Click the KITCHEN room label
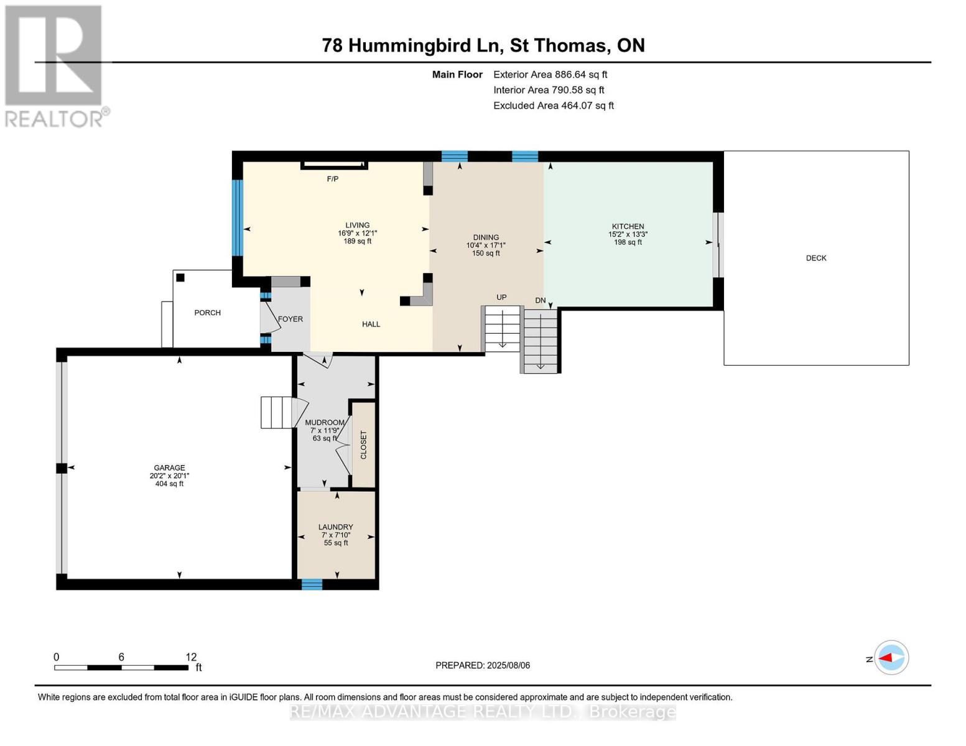[628, 227]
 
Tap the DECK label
[816, 258]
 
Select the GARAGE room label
[169, 468]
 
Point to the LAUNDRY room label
[336, 527]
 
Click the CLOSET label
[364, 445]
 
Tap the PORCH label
[207, 313]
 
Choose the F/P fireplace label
[333, 179]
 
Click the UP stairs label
[501, 297]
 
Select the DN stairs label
[541, 300]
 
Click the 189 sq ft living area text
[357, 241]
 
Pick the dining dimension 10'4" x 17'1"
[486, 245]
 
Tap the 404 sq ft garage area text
[169, 484]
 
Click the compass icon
[891, 658]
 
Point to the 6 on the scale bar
[121, 657]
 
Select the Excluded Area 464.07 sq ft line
[553, 106]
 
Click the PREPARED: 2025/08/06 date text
[483, 665]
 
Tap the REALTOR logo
[55, 65]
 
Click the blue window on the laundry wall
[312, 584]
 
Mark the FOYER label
[290, 319]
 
